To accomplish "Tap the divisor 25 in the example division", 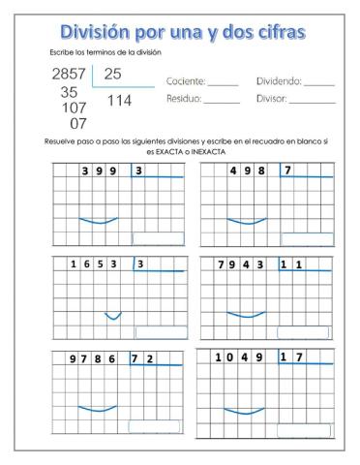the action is (x=113, y=74).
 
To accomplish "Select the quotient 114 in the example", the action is (x=119, y=100).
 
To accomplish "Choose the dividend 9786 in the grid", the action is (x=93, y=358).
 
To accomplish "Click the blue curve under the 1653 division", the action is (x=113, y=315).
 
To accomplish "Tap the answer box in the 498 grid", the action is (x=306, y=238).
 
